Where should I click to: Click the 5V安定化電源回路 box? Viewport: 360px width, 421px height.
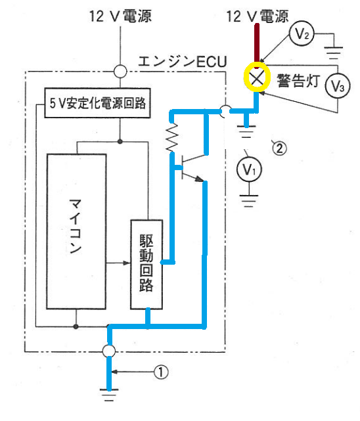97,103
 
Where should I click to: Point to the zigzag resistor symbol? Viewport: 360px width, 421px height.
172,137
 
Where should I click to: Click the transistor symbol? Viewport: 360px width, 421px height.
192,168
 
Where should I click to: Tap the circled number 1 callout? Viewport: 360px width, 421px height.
161,372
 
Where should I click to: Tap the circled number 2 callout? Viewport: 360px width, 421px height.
279,148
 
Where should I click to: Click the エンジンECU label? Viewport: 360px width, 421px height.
183,62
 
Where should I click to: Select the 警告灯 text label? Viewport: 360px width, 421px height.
298,80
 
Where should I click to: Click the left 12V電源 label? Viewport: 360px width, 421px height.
120,16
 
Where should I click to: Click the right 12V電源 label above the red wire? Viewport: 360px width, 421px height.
258,16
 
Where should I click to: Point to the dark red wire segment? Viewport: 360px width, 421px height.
257,43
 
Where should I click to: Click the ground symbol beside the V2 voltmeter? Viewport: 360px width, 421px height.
334,53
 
